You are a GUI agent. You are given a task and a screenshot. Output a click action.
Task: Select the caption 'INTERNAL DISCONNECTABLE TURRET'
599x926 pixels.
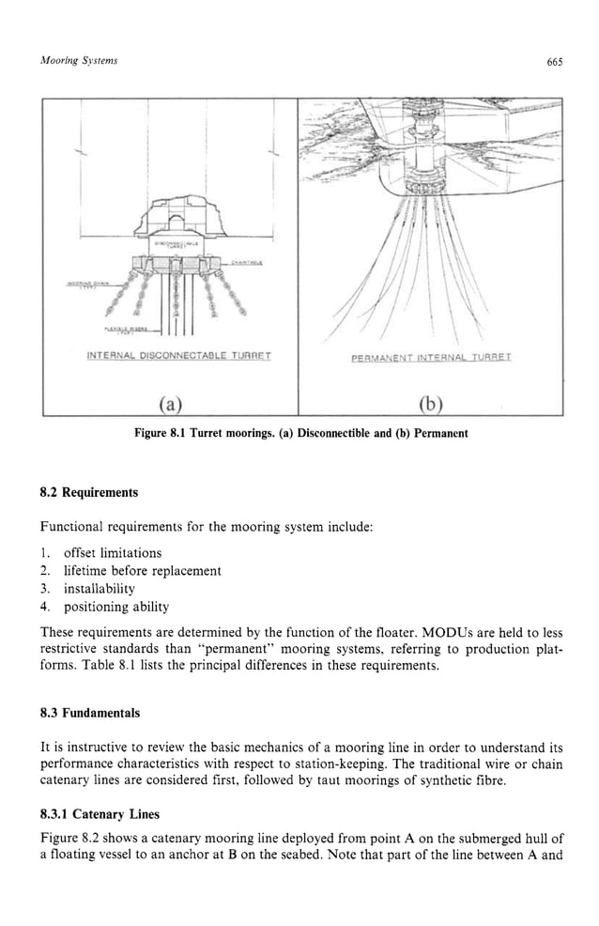(x=170, y=357)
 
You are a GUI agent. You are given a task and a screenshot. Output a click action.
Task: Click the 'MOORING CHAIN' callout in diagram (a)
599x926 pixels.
(x=90, y=282)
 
